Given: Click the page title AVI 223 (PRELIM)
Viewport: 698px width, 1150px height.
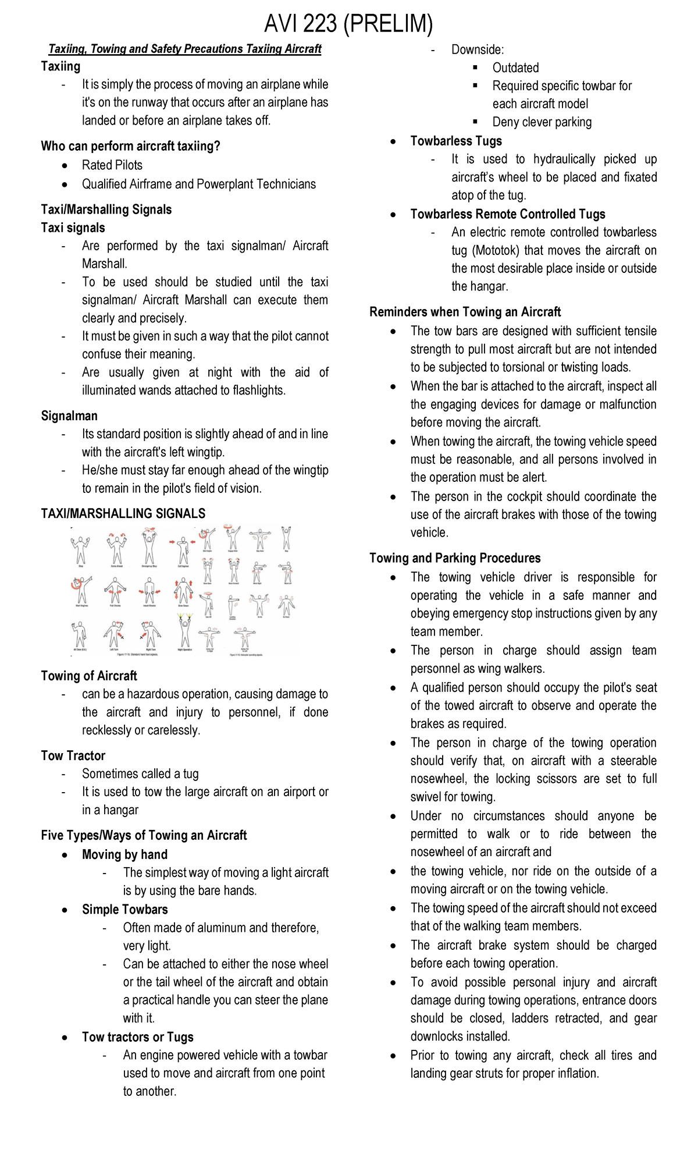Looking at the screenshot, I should click(348, 24).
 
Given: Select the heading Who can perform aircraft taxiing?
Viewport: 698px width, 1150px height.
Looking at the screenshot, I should click(130, 146).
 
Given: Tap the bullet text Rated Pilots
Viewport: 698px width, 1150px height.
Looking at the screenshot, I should click(112, 165).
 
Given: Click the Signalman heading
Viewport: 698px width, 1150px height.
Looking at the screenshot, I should click(69, 416).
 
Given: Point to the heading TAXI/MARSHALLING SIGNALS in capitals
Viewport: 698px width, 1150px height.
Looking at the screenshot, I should click(123, 514).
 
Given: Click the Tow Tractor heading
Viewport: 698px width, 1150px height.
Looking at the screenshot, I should click(73, 756).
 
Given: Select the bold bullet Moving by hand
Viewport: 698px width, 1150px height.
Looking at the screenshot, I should click(124, 855).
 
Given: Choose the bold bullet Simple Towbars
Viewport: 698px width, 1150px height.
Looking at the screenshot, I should click(124, 910).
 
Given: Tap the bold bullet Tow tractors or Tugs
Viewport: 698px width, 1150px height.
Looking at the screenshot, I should click(137, 1037).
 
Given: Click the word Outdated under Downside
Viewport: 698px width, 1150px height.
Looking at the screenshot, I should click(515, 68).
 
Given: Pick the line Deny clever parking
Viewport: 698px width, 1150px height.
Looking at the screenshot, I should click(542, 122).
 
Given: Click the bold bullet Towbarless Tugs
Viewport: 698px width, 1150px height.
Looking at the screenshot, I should click(455, 141).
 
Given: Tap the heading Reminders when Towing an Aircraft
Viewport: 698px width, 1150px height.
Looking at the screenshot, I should click(465, 312).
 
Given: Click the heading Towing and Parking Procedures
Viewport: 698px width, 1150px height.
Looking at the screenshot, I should click(455, 559).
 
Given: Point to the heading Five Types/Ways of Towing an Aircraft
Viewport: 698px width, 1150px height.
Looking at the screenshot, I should click(144, 836).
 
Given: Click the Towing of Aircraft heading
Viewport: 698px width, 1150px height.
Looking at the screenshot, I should click(89, 676).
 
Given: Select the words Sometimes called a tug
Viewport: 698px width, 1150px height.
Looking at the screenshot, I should click(140, 774).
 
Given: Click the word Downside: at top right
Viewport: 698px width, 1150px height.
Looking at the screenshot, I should click(477, 50).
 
